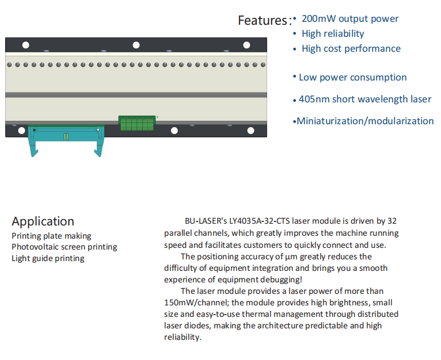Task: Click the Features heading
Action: [263, 21]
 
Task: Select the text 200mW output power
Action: [349, 18]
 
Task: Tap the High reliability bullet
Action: [333, 33]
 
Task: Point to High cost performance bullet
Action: [351, 48]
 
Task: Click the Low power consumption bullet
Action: [352, 77]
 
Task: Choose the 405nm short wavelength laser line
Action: [364, 99]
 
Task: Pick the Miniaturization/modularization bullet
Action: [364, 121]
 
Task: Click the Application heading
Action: [43, 221]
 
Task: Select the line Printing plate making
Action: [51, 236]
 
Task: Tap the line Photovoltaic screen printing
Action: [64, 247]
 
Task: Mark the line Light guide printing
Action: [48, 258]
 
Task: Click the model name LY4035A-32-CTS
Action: [259, 221]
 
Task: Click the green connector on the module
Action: [138, 122]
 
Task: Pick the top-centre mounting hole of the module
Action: [136, 45]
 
